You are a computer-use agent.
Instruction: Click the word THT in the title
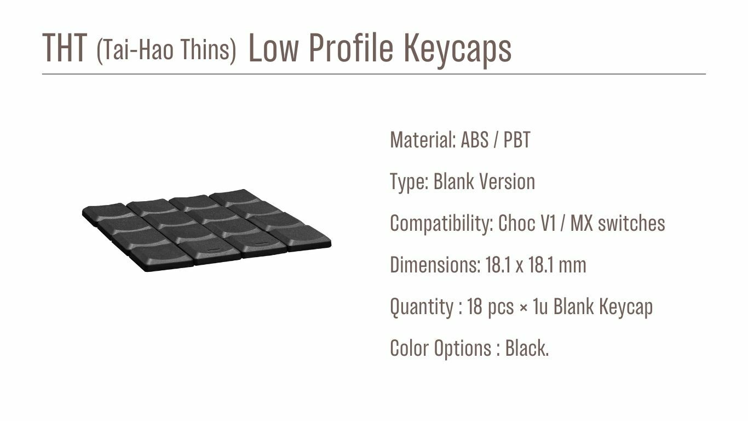tap(65, 48)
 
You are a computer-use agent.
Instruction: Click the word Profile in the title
tap(351, 48)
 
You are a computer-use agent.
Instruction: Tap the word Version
tap(507, 181)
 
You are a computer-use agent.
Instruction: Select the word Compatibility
tap(441, 223)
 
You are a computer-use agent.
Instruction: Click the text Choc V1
tap(527, 223)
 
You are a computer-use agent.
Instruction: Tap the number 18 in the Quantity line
tap(475, 306)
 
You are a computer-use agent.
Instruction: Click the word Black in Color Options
tap(526, 348)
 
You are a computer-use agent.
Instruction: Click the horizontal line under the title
tap(374, 74)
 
